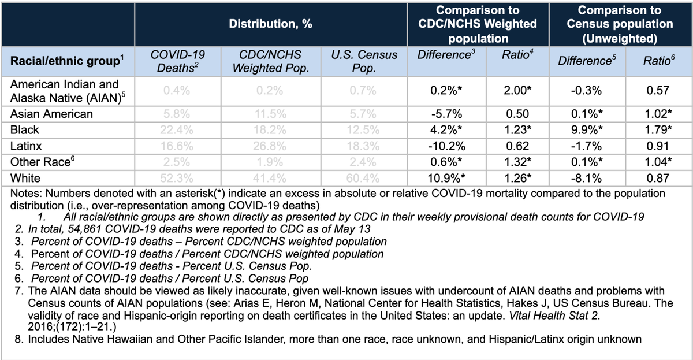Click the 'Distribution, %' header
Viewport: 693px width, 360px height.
tap(270, 25)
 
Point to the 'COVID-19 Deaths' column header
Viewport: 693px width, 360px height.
tap(178, 61)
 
